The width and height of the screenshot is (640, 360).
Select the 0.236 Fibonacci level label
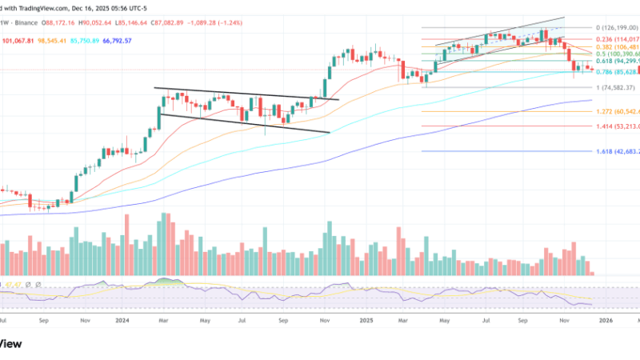617,38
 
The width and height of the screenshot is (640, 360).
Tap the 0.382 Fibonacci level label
617,46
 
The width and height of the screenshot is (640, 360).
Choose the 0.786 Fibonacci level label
617,73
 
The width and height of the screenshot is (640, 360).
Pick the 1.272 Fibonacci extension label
617,111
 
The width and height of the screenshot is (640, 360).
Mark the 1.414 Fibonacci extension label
617,126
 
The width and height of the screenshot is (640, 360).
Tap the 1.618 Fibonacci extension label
617,151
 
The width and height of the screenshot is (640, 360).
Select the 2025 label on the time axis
366,319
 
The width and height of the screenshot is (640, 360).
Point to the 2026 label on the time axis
606,319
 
